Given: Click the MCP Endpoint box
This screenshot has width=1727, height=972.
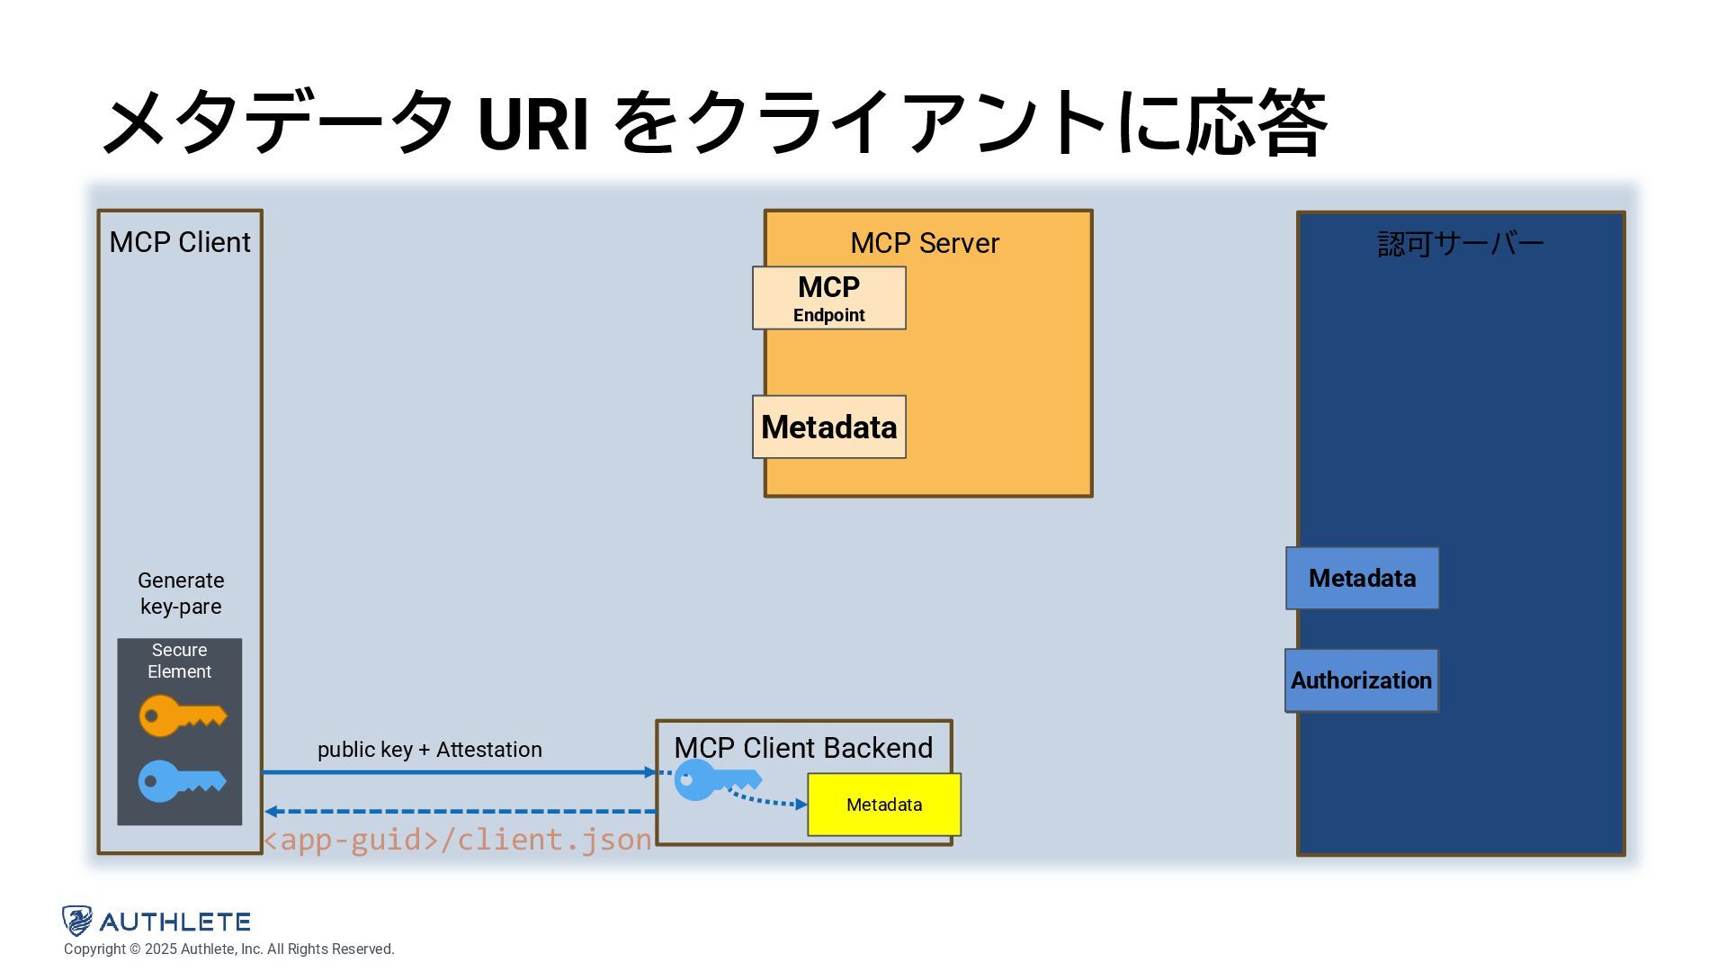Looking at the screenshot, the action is pyautogui.click(x=829, y=298).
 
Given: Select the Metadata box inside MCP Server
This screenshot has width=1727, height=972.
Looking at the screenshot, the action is pyautogui.click(x=829, y=427).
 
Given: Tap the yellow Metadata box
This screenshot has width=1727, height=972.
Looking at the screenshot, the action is pyautogui.click(x=884, y=805).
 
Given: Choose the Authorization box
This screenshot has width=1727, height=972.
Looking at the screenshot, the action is pyautogui.click(x=1362, y=680).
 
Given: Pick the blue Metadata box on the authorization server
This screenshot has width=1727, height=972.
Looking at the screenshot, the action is pyautogui.click(x=1362, y=578).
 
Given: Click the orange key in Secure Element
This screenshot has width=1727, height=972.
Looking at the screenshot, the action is pyautogui.click(x=183, y=715).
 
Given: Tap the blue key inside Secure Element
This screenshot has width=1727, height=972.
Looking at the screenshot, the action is pyautogui.click(x=183, y=781).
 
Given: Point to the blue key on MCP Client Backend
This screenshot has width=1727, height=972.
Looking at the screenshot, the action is pyautogui.click(x=718, y=779).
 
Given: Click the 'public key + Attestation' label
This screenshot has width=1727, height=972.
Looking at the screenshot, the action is pyautogui.click(x=430, y=750).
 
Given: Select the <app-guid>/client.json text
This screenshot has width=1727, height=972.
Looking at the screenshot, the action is pyautogui.click(x=457, y=840).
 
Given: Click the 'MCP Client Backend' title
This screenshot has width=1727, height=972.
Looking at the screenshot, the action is pyautogui.click(x=803, y=748).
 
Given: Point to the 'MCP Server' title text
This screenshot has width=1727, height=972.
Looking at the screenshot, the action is pyautogui.click(x=925, y=243).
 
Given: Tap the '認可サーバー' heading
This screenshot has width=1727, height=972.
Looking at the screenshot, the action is pyautogui.click(x=1461, y=244).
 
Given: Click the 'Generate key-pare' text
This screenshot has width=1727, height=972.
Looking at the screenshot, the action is pyautogui.click(x=181, y=593).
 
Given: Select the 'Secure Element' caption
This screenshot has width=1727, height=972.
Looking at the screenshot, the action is pyautogui.click(x=180, y=661).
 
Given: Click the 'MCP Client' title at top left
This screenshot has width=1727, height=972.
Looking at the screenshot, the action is pyautogui.click(x=180, y=242).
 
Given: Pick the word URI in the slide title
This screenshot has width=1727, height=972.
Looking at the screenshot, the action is pyautogui.click(x=533, y=123).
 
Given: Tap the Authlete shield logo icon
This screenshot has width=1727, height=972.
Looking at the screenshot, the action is pyautogui.click(x=77, y=921).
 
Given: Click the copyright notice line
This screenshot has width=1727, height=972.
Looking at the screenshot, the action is pyautogui.click(x=229, y=949).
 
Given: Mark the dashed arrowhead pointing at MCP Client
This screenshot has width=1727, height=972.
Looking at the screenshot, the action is pyautogui.click(x=271, y=812).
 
